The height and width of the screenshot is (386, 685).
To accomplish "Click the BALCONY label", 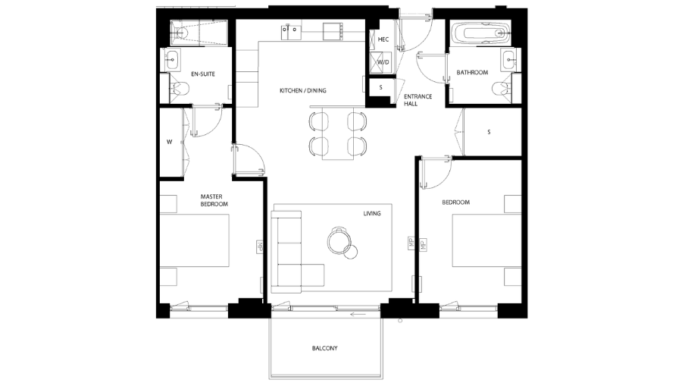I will (324, 348).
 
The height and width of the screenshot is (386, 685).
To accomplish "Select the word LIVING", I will (371, 214).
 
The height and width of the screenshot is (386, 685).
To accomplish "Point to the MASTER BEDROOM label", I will (214, 200).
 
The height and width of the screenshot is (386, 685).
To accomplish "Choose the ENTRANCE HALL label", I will (416, 100).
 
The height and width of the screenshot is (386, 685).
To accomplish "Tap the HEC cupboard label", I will (383, 39).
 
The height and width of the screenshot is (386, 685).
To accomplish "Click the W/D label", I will (383, 62).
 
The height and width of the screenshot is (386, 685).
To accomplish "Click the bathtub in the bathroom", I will (480, 34).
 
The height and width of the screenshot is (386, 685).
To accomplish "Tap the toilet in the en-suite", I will (180, 90).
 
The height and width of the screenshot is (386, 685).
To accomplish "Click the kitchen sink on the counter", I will (292, 32).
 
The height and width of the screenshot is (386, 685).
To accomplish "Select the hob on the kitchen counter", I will (333, 32).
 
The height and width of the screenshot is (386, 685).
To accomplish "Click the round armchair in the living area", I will (339, 240).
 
